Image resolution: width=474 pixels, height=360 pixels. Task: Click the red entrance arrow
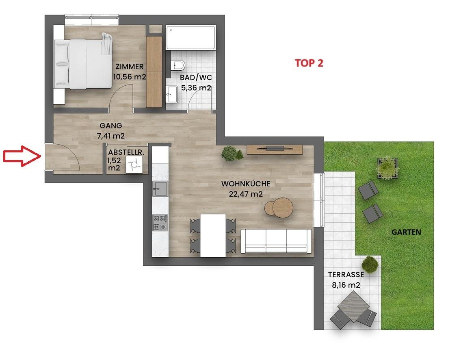[22, 156]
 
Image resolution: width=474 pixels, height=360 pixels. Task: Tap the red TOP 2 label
[309, 63]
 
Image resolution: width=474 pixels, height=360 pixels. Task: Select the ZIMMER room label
[130, 67]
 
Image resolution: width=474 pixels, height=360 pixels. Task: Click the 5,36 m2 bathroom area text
[196, 88]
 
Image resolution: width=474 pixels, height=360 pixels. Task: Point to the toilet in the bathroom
[178, 65]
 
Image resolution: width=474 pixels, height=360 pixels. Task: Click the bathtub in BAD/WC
[190, 38]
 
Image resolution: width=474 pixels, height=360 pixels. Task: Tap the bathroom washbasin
[172, 94]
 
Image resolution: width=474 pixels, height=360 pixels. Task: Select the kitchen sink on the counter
[160, 189]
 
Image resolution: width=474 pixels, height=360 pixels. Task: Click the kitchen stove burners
[160, 223]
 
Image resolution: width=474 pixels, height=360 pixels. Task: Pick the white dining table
[213, 235]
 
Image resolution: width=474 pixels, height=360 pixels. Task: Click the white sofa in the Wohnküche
[276, 241]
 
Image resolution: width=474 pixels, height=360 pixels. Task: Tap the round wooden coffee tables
[279, 208]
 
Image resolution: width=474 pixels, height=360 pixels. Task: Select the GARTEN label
[406, 232]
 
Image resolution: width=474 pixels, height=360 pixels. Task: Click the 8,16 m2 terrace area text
[346, 285]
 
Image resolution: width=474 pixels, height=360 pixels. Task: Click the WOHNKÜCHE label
[246, 184]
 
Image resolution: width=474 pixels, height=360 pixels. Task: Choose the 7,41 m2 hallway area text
[110, 136]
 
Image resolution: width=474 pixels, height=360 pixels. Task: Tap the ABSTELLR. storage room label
[126, 152]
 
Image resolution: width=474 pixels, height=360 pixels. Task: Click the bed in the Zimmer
[83, 64]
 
